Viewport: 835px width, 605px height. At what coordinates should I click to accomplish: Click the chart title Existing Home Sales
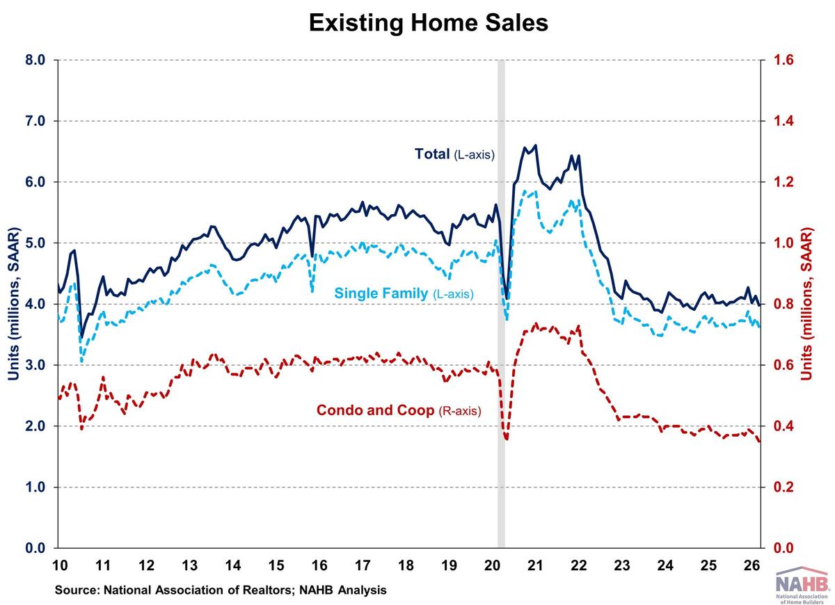[x=428, y=23]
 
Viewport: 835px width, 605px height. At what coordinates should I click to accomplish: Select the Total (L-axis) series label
[x=454, y=154]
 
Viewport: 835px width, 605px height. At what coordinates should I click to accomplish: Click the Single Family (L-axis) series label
[x=404, y=294]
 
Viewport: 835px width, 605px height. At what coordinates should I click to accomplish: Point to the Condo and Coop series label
[x=398, y=410]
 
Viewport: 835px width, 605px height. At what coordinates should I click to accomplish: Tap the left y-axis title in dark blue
[x=13, y=304]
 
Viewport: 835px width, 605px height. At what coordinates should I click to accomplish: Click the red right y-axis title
[x=807, y=304]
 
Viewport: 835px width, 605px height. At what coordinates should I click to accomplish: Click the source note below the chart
[x=221, y=590]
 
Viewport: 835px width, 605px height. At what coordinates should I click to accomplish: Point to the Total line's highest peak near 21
[x=535, y=145]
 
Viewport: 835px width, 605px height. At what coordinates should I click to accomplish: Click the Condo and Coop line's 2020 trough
[x=507, y=439]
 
